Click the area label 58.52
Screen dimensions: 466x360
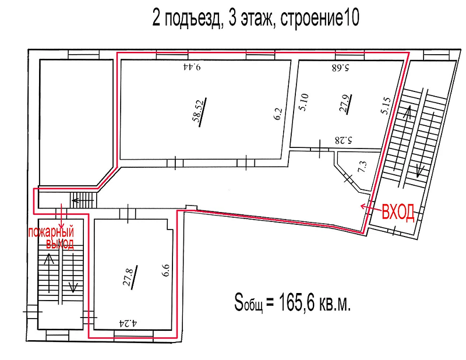pos(199,111)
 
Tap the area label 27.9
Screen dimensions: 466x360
pos(345,103)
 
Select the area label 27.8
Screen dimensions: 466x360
pos(128,276)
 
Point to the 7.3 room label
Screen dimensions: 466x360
pos(363,167)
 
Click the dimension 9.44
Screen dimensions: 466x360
pos(192,66)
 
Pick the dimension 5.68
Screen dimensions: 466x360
pos(340,68)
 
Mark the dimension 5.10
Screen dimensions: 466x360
pos(304,103)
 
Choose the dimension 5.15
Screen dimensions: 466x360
pos(386,106)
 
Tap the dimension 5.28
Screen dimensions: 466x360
pos(344,140)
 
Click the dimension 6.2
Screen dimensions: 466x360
pos(278,114)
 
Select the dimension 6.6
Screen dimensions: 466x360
pos(165,270)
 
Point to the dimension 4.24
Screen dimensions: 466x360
pos(128,323)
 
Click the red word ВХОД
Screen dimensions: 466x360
pos(398,212)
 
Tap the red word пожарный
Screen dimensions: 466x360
pos(51,232)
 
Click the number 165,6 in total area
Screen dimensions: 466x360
pos(297,303)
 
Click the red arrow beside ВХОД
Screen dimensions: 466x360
pos(370,207)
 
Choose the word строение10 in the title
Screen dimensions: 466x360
pos(320,18)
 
